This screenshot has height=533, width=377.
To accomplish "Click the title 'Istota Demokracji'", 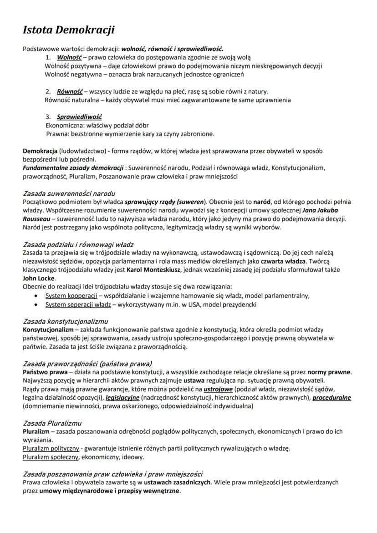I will point(69,30).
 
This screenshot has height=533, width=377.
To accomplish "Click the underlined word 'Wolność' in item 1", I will point(69,58).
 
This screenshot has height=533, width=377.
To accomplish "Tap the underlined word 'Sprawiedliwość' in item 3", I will point(79,117).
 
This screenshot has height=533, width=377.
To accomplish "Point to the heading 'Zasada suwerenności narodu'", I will point(69,193).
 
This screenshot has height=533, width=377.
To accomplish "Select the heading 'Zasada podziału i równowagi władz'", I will point(78,244).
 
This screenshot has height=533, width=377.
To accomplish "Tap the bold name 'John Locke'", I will point(39,278).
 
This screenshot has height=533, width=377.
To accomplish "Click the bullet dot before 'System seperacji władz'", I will point(36,304).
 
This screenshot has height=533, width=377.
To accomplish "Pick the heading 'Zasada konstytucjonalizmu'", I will point(66,321).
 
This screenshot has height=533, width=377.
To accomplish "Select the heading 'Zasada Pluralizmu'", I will point(52,423).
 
